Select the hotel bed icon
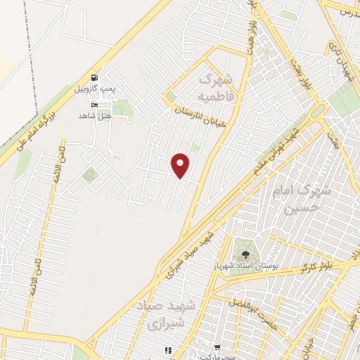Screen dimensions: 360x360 pos(96,105)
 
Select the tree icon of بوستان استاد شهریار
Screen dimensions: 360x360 pos(245,255)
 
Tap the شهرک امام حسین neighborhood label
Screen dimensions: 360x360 pos(309,200)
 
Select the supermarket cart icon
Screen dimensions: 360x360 pos(216,347)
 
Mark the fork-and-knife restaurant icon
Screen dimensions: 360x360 pos(168,349)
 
